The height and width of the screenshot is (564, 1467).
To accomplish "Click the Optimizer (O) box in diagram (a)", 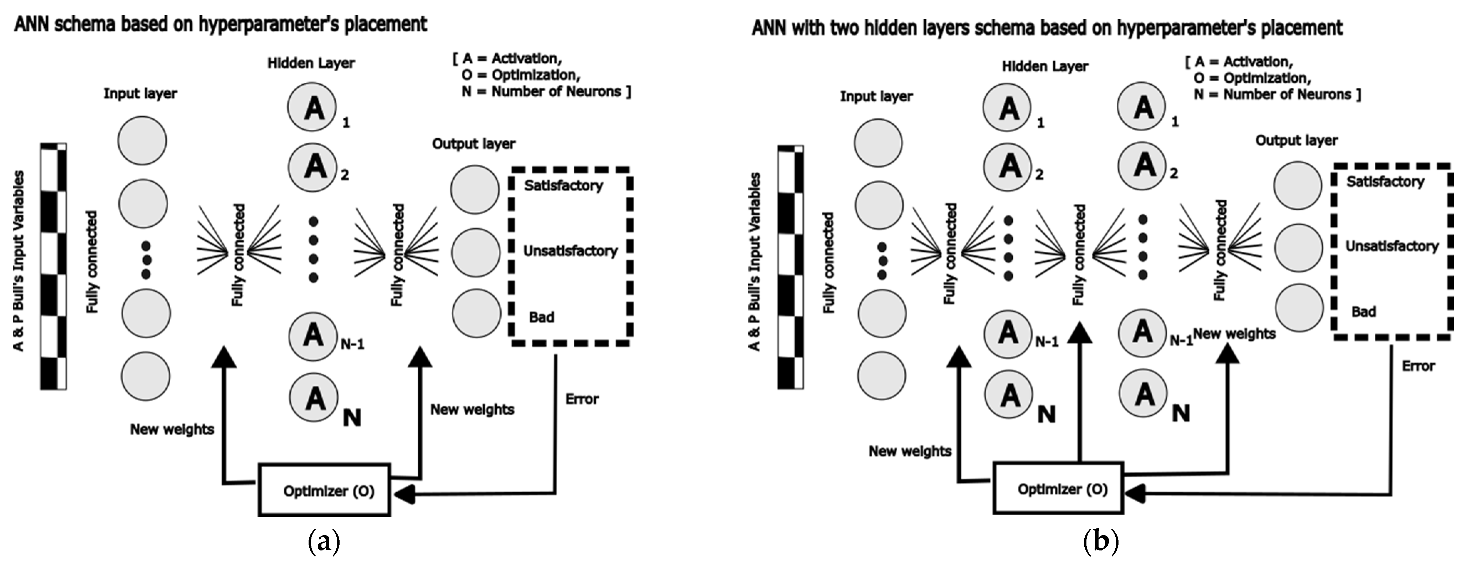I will [325, 490].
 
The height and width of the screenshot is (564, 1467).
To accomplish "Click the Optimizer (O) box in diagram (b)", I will [1058, 488].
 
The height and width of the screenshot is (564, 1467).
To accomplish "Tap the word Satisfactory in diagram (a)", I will [563, 186].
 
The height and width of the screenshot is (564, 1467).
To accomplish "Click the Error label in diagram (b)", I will [1418, 366].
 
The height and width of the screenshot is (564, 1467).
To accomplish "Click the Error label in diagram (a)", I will [582, 399].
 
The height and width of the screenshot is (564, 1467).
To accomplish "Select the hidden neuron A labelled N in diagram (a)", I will [314, 397].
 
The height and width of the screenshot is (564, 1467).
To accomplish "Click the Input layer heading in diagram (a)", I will [140, 93].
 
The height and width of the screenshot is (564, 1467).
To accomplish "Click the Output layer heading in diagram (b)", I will [1296, 140].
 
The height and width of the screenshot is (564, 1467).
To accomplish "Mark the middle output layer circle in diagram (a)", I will [476, 252].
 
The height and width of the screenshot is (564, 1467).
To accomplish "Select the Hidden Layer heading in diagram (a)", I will [311, 63].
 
